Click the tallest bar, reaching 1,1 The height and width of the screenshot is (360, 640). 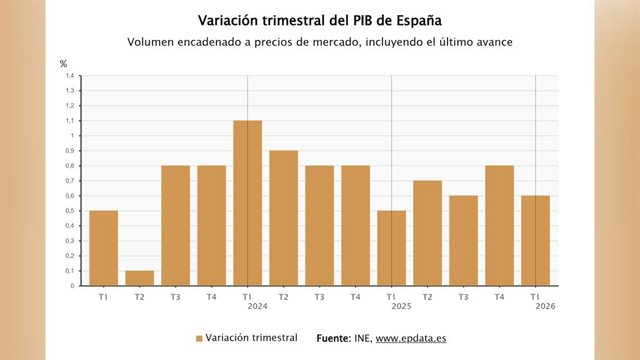247,203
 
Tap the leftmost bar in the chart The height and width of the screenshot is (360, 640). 104,248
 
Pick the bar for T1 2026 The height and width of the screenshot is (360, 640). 536,241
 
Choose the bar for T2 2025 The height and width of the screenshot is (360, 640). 427,233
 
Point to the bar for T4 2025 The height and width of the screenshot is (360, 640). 500,226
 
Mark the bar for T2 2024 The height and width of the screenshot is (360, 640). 284,218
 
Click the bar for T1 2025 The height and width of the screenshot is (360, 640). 391,248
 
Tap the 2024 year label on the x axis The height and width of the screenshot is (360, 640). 258,306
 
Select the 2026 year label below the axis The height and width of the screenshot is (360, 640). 545,306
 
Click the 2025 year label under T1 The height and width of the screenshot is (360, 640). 401,306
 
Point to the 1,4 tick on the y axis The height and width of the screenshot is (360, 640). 70,76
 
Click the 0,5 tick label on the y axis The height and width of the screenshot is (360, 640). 70,211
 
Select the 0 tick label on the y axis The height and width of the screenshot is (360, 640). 72,286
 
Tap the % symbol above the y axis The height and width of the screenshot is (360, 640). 63,64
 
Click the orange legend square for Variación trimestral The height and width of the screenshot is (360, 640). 199,338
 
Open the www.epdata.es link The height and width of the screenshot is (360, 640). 411,338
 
